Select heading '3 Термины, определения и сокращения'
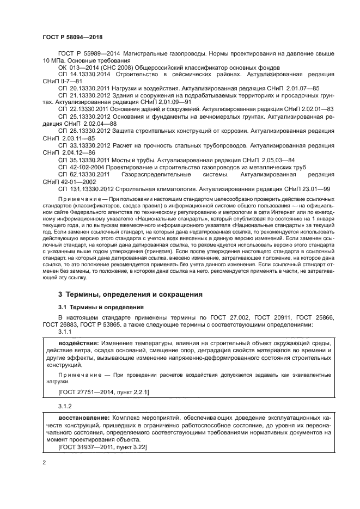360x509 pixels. tap(130, 294)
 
